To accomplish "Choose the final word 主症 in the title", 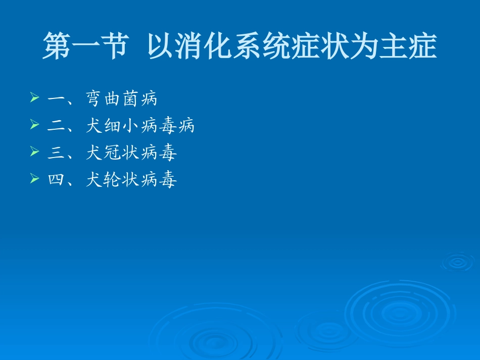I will (410, 46).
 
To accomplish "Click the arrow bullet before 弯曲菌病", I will (34, 97).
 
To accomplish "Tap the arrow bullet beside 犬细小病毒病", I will (34, 124).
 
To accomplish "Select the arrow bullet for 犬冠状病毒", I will (34, 151).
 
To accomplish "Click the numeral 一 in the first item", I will (56, 99).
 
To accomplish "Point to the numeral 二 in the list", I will (56, 126).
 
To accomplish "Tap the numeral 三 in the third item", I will (56, 153).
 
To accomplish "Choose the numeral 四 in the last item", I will (56, 180).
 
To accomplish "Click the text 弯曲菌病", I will (121, 99).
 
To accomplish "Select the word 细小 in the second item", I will (121, 126).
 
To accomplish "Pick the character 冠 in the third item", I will (112, 153).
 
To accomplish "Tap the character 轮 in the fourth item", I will (112, 180).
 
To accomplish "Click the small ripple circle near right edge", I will (457, 262).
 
